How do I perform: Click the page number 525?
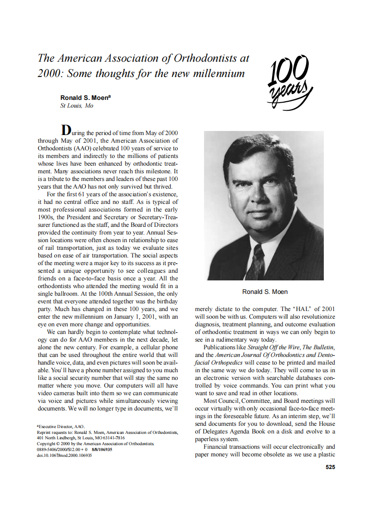[x=330, y=467]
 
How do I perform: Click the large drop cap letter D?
[x=66, y=130]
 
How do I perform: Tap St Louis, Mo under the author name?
[x=77, y=106]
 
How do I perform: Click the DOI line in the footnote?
[x=64, y=455]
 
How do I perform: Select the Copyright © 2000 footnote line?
[x=96, y=443]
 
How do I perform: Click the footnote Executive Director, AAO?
[x=60, y=426]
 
